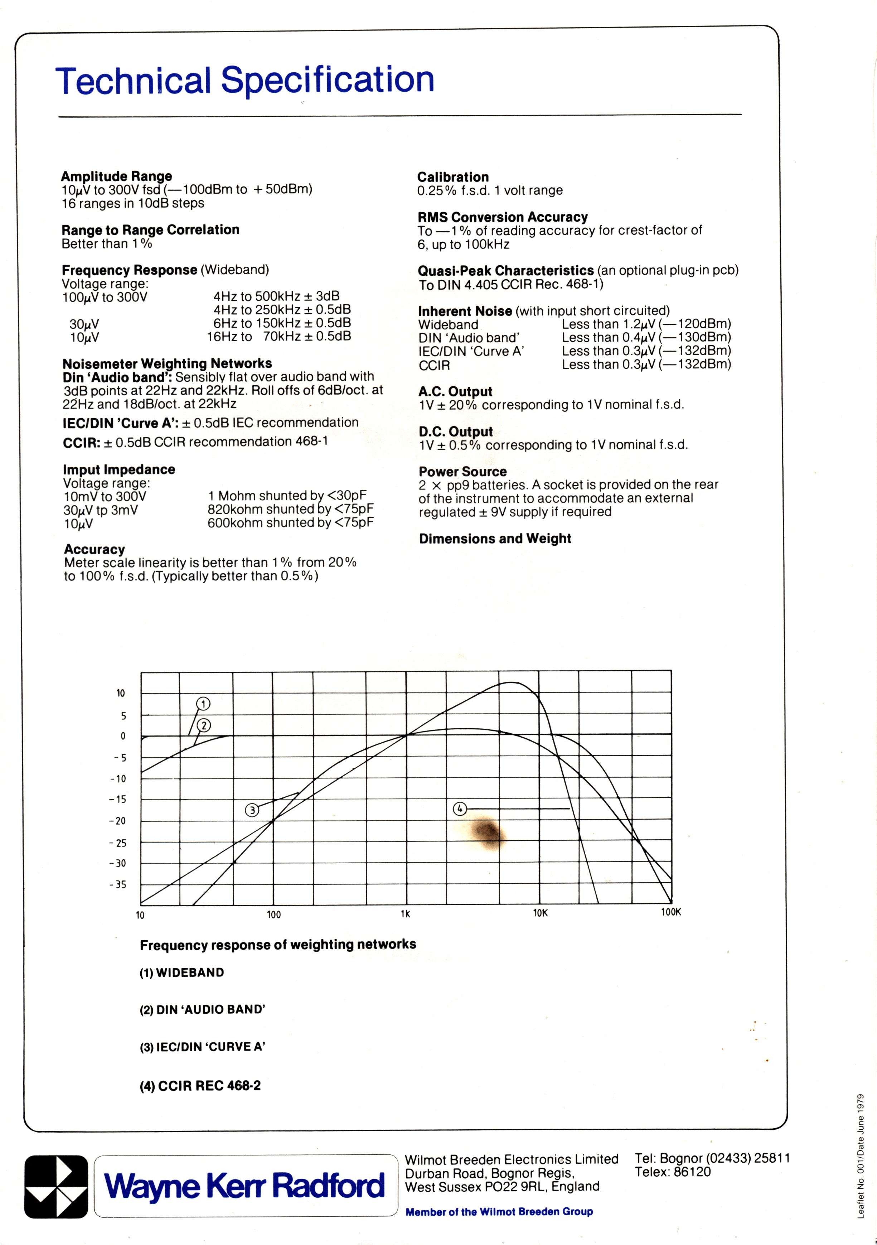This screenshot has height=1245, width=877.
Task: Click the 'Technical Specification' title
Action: [244, 80]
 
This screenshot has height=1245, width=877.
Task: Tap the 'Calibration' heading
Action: [452, 177]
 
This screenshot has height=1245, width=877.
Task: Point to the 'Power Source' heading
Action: [462, 471]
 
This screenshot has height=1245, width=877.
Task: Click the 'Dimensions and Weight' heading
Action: [495, 539]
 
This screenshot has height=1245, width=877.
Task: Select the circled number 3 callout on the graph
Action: [252, 810]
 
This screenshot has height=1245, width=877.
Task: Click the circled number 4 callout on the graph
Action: [460, 809]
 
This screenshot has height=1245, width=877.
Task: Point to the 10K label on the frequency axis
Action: [541, 913]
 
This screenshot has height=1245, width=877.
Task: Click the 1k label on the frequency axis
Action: [406, 914]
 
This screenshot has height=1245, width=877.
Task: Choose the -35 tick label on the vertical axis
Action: [117, 884]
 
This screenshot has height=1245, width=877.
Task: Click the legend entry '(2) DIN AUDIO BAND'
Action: [202, 1009]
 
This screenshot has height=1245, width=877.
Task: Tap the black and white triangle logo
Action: [56, 1186]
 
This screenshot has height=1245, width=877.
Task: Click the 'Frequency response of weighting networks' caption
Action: [277, 945]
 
